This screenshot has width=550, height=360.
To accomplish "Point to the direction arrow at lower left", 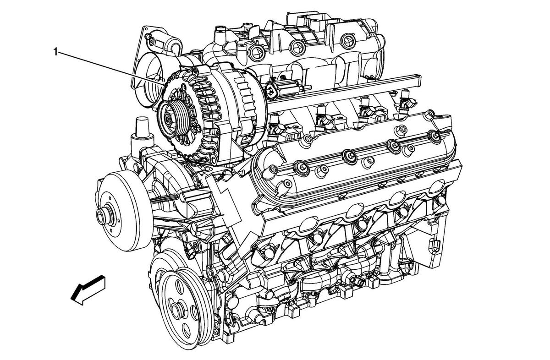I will [88, 290].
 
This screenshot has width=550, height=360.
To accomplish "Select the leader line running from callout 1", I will [110, 66].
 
